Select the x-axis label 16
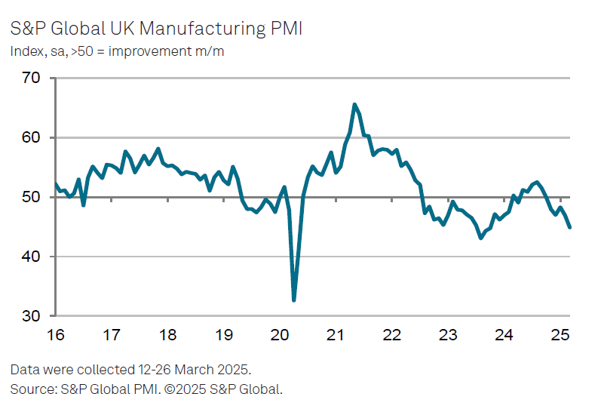pos(55,334)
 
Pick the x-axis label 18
pos(167,334)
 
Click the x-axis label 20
pos(280,334)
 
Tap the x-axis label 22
pos(392,334)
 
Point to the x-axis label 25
pos(560,334)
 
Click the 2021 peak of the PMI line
pos(354,105)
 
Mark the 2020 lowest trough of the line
pos(293,300)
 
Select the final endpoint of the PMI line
pos(569,227)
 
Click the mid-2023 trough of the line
pos(481,238)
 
